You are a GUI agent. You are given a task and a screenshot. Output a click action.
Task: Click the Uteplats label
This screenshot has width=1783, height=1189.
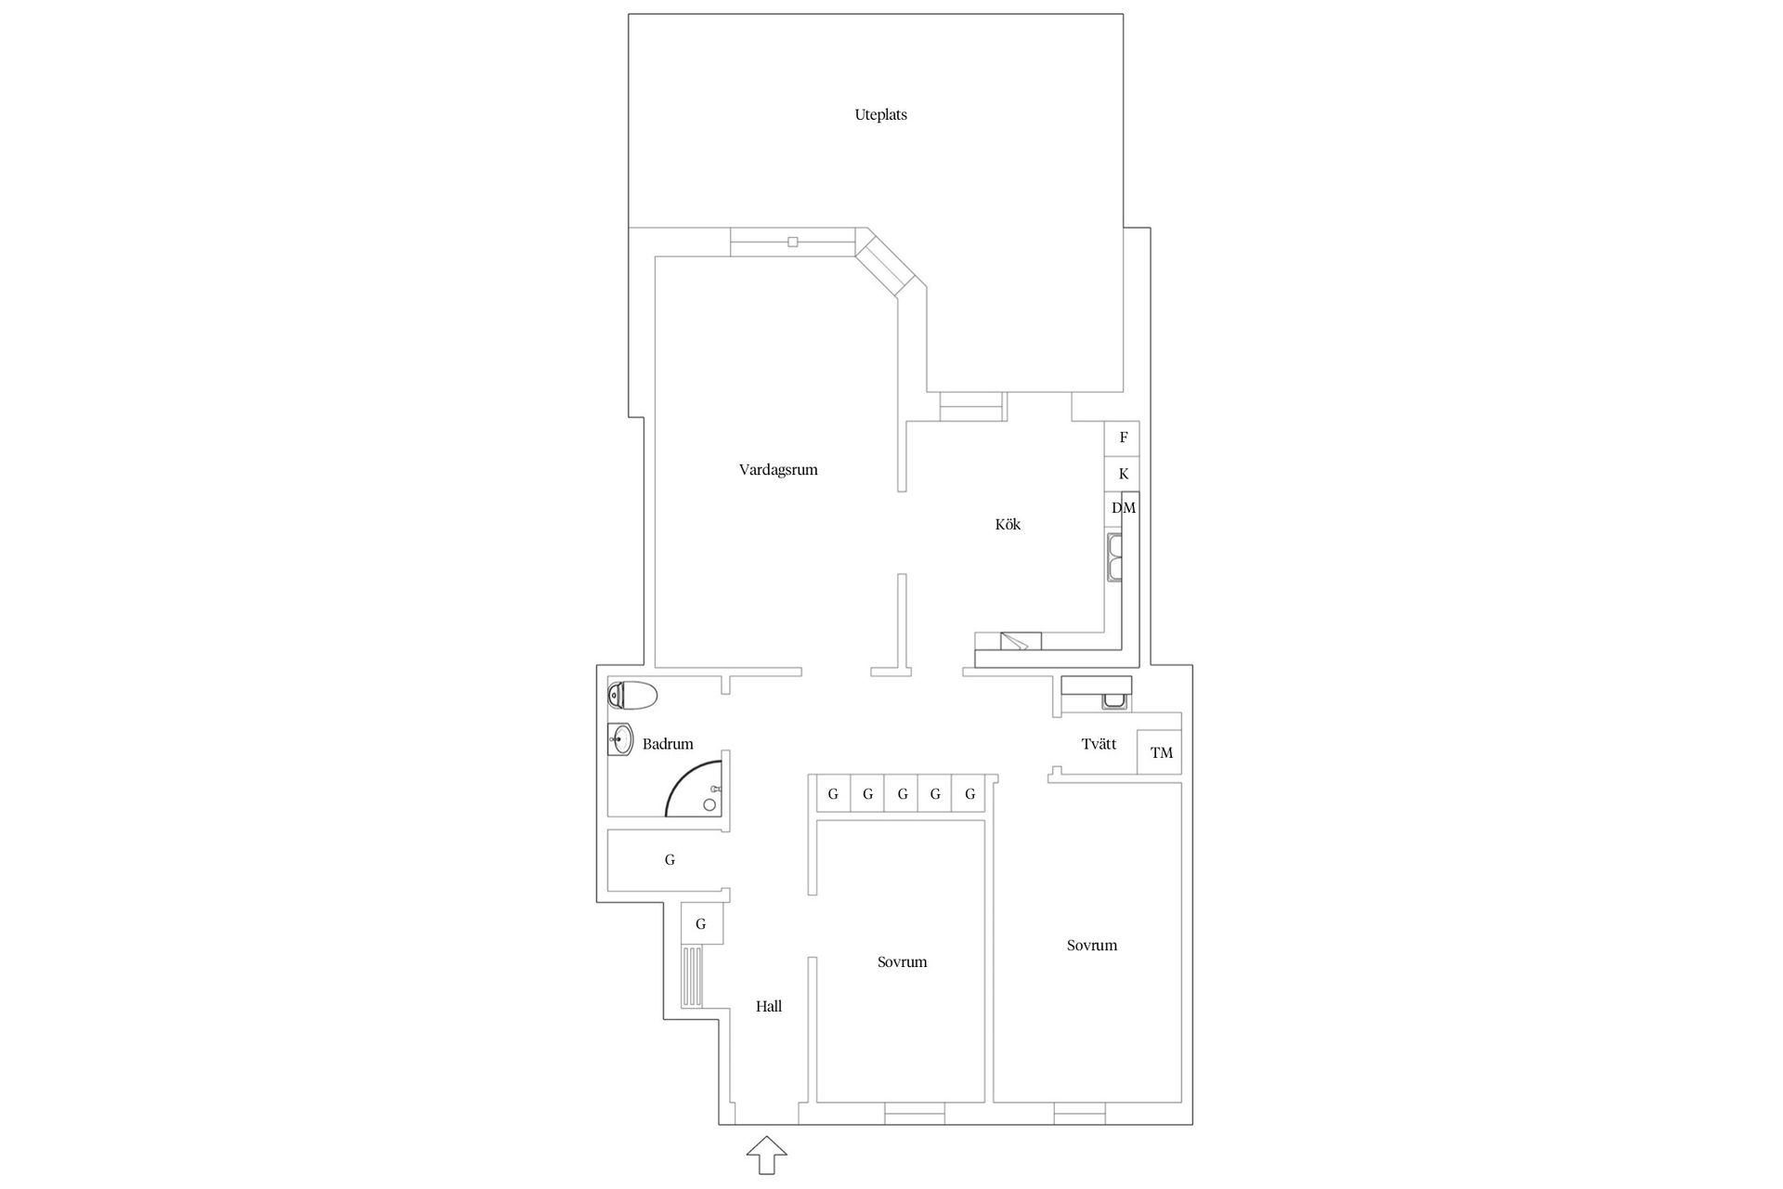pos(880,115)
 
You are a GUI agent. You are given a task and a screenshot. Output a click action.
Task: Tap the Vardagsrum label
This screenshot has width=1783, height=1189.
pos(778,470)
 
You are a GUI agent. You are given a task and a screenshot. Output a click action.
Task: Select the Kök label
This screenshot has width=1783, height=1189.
pos(1008,525)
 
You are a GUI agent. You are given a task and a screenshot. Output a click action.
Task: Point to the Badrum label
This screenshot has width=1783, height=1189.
pos(668,744)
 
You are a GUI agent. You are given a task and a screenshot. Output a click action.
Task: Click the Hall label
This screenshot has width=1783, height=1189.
pos(769,1006)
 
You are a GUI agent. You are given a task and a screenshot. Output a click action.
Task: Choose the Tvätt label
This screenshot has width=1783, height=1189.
pos(1099,744)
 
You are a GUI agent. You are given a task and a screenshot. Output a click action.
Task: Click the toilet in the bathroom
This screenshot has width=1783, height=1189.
pos(632,695)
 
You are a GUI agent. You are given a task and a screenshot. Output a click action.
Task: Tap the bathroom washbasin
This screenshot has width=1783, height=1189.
pos(620,740)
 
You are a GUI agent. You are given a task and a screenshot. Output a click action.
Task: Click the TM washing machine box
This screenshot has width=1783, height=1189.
pos(1161,752)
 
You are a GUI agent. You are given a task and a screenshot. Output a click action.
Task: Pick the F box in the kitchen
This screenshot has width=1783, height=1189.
pos(1123,438)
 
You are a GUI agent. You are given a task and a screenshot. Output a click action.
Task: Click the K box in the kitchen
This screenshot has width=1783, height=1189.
pos(1123,474)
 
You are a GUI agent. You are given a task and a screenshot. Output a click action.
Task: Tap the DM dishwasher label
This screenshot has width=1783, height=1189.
pos(1124,508)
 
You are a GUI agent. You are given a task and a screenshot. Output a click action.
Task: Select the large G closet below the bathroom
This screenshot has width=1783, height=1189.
pos(669,860)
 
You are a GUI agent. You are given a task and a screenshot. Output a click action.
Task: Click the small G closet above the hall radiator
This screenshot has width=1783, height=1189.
pos(701,924)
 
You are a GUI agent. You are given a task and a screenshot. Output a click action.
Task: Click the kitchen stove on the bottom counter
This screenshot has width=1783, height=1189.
pos(1021,641)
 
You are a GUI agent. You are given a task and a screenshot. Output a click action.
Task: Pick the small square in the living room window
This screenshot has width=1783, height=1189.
pos(792,242)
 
